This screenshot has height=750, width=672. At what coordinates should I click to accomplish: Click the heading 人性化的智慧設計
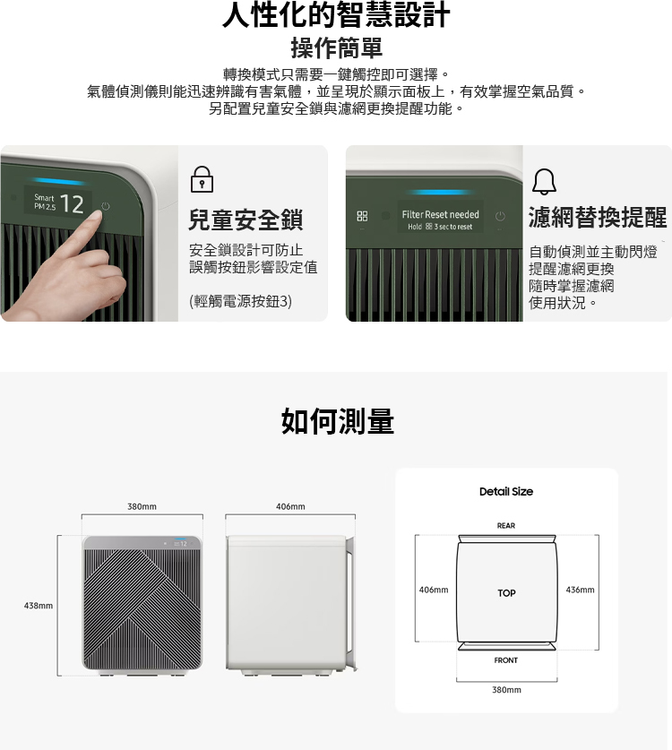[336, 15]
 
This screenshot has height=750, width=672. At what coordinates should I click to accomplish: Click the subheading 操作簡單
[336, 47]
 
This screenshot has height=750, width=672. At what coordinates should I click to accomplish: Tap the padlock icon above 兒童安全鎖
[202, 180]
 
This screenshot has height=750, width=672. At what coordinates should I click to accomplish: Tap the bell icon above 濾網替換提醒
[544, 181]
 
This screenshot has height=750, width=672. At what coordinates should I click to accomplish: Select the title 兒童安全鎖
[246, 220]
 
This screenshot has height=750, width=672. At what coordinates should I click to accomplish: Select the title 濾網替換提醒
[598, 217]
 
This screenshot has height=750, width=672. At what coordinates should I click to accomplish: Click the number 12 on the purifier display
[73, 204]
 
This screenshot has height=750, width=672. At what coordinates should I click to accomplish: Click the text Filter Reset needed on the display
[440, 215]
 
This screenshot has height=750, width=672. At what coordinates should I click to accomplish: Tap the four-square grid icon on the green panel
[362, 217]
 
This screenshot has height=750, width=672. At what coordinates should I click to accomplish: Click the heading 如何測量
[337, 420]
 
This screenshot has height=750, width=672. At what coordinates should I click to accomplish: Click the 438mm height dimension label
[39, 607]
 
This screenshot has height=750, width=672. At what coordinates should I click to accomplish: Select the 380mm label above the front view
[142, 506]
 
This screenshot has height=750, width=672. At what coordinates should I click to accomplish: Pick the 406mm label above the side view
[290, 506]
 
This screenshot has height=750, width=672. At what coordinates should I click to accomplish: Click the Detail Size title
[505, 491]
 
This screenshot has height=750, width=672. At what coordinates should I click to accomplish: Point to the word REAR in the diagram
[506, 526]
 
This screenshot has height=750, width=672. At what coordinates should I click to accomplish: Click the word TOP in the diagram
[506, 593]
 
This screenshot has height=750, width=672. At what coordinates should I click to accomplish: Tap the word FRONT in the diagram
[506, 660]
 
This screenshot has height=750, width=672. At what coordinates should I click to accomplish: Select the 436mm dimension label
[580, 590]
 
